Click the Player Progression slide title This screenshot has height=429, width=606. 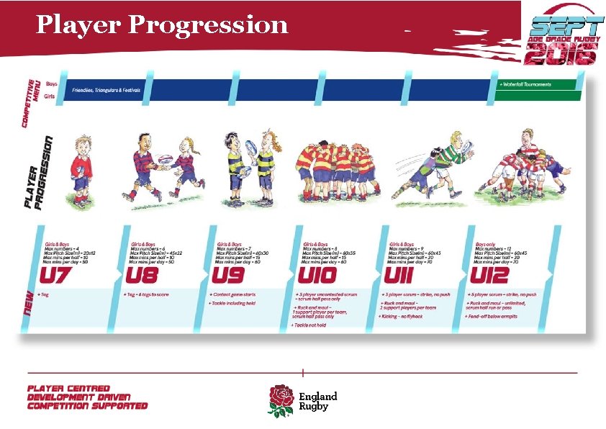162,25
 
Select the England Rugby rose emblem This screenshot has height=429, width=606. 281,399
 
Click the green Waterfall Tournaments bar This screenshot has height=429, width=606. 536,85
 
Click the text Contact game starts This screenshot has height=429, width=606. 233,294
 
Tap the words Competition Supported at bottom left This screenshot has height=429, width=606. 87,406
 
